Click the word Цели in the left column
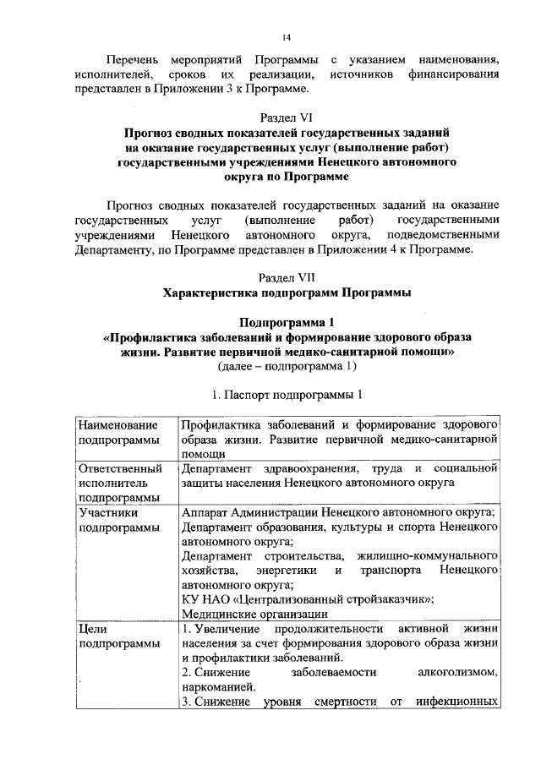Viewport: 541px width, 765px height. pos(91,630)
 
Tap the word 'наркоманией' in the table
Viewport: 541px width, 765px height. pos(217,687)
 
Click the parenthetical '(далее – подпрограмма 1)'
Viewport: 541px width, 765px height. pos(287,366)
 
